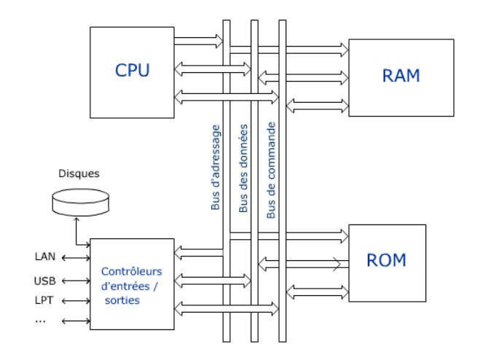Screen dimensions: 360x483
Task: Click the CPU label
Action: pyautogui.click(x=133, y=71)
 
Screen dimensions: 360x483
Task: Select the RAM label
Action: pyautogui.click(x=401, y=75)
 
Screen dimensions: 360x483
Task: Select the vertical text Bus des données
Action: pyautogui.click(x=244, y=168)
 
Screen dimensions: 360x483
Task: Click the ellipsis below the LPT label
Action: pyautogui.click(x=42, y=320)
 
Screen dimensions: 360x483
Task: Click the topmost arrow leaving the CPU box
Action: pyautogui.click(x=198, y=40)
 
